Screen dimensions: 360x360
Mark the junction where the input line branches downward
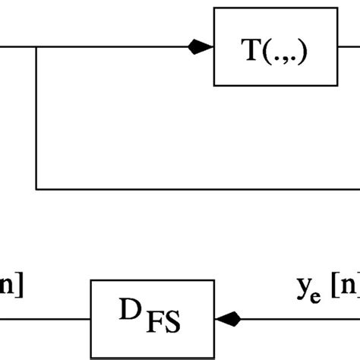(x=36, y=47)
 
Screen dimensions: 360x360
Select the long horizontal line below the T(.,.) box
(x=197, y=188)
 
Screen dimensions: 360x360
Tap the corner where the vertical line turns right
(x=36, y=188)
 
